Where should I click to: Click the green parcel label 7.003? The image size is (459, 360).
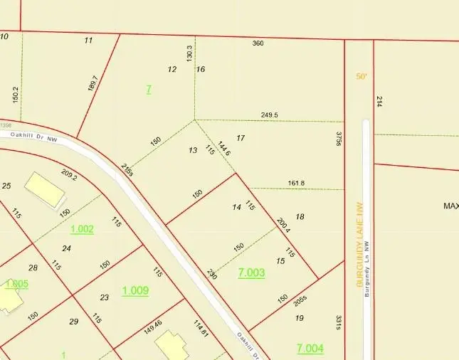click(x=251, y=272)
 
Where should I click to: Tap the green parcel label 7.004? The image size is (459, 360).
click(x=310, y=348)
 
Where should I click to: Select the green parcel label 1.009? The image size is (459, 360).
click(x=135, y=290)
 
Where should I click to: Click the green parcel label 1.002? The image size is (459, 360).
click(x=82, y=229)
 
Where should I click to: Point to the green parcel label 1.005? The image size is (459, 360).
click(x=16, y=285)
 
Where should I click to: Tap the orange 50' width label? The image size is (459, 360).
click(x=362, y=76)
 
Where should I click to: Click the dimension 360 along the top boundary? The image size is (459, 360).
click(x=258, y=43)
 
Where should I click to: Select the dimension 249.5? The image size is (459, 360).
click(x=270, y=115)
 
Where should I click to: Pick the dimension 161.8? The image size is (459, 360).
click(x=296, y=183)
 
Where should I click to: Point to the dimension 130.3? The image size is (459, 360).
click(x=189, y=53)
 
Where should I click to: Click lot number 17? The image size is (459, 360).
click(x=241, y=137)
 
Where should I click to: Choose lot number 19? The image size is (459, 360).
click(x=299, y=317)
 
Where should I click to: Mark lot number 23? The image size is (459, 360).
click(x=104, y=297)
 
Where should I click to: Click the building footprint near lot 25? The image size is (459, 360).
click(x=45, y=190)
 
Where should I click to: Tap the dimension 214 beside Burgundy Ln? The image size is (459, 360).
click(x=379, y=101)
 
